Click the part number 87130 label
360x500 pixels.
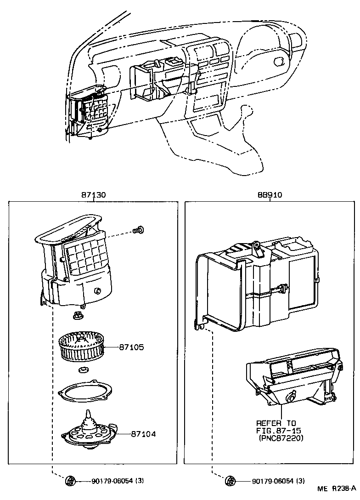pyautogui.click(x=93, y=195)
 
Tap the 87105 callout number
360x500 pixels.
pyautogui.click(x=131, y=347)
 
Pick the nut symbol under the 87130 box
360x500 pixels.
pyautogui.click(x=70, y=481)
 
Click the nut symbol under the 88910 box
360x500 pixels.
pyautogui.click(x=230, y=481)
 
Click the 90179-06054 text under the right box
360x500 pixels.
pyautogui.click(x=272, y=481)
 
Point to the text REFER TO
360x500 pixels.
pyautogui.click(x=276, y=423)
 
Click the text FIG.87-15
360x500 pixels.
pyautogui.click(x=277, y=431)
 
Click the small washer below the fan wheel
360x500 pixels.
pyautogui.click(x=84, y=370)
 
